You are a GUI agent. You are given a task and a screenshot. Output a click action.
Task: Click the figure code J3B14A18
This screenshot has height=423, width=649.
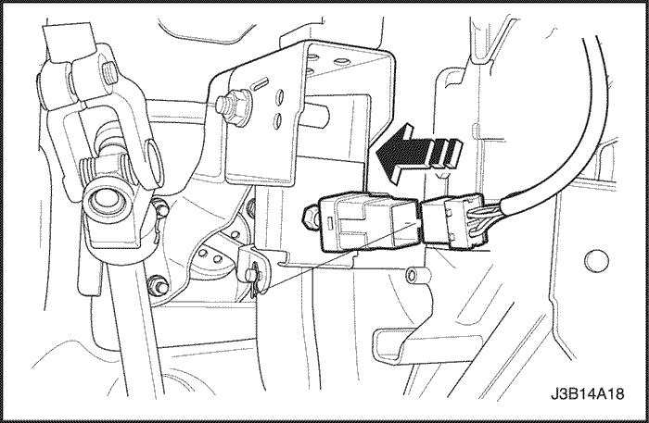tap(587, 393)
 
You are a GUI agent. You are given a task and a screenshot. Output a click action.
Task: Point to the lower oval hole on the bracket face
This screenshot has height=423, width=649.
tap(278, 121)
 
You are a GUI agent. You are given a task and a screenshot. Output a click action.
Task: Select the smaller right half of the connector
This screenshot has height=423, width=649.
tap(454, 222)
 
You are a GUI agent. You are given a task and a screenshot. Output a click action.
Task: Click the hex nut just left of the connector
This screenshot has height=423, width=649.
tap(312, 216)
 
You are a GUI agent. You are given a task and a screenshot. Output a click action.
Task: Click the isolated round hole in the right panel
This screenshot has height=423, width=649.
tap(596, 261)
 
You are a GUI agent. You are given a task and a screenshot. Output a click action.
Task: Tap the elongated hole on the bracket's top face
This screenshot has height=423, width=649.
tap(340, 61)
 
